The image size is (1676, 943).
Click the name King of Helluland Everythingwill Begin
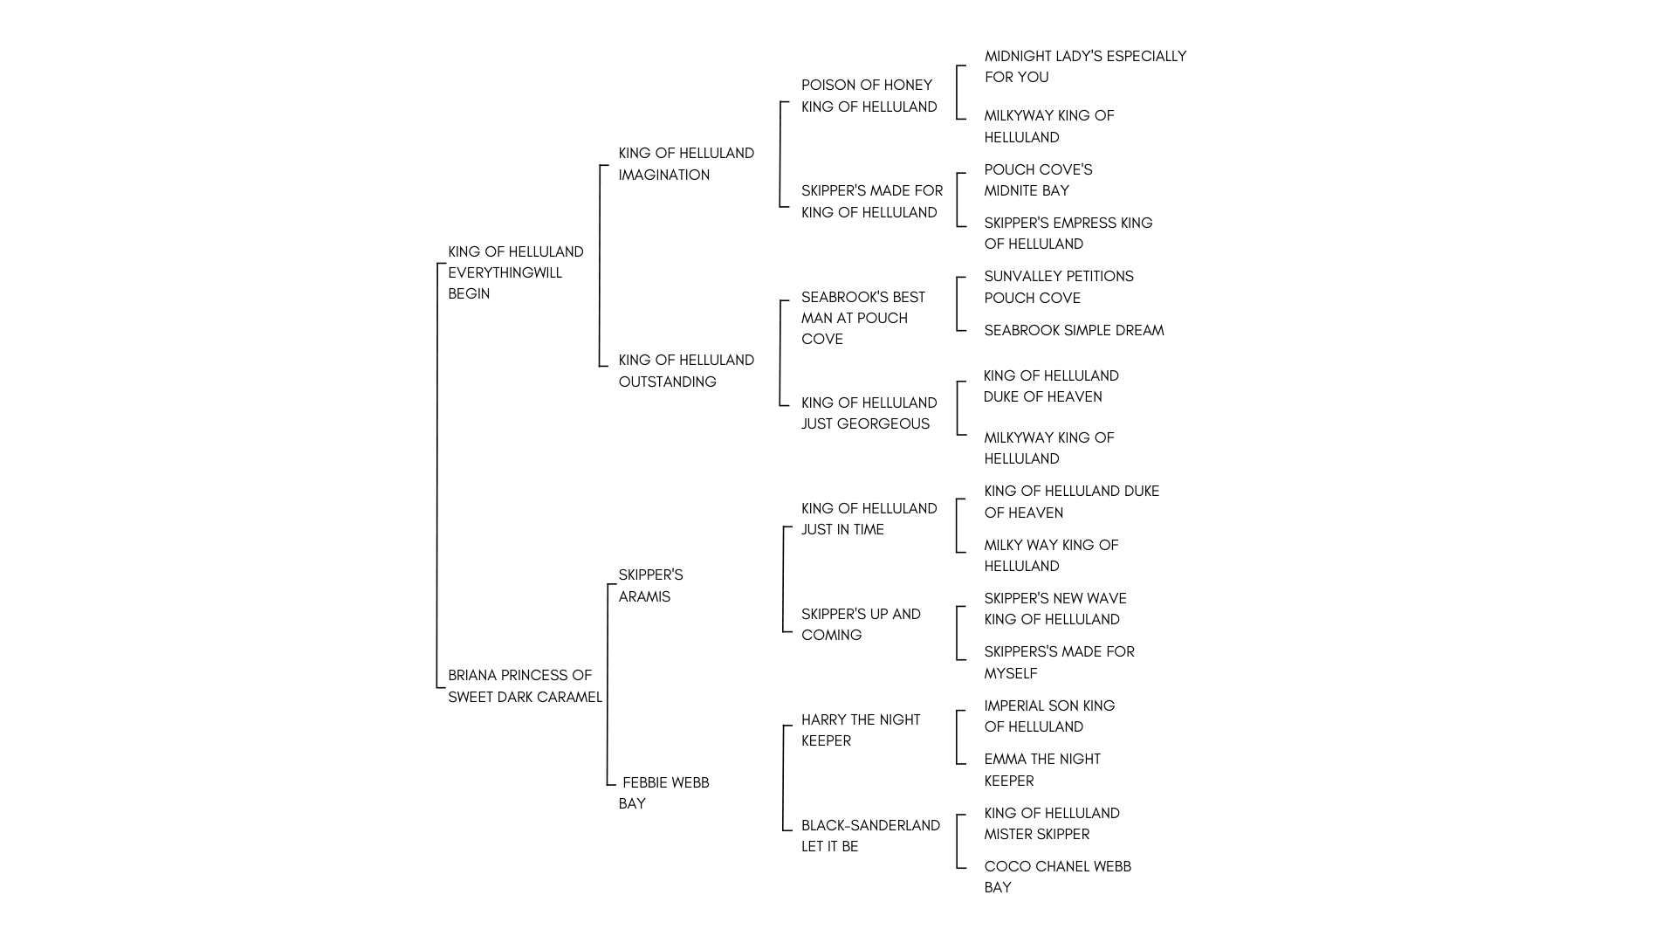click(516, 272)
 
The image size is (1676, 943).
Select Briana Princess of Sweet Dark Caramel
click(525, 686)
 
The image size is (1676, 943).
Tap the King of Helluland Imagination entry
click(686, 164)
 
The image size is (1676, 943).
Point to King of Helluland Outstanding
click(686, 371)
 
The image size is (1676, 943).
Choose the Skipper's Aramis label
click(651, 586)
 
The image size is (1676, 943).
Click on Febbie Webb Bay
click(664, 793)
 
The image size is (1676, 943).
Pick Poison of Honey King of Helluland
click(869, 96)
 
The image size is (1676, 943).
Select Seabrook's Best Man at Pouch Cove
click(863, 318)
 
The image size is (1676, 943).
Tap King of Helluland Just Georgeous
click(869, 413)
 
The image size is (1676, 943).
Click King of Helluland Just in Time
click(869, 519)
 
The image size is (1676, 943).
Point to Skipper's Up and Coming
click(862, 624)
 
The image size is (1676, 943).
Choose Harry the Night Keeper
click(861, 730)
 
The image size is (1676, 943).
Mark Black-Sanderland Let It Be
click(871, 836)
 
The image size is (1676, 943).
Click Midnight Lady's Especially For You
click(1086, 66)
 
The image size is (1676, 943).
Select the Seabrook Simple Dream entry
click(1075, 330)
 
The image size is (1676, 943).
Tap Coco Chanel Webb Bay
click(1058, 877)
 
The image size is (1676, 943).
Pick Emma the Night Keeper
click(1042, 770)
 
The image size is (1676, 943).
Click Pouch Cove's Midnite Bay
click(1039, 180)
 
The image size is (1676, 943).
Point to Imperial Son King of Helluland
click(1050, 716)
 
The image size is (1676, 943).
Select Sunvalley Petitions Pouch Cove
click(1059, 287)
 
